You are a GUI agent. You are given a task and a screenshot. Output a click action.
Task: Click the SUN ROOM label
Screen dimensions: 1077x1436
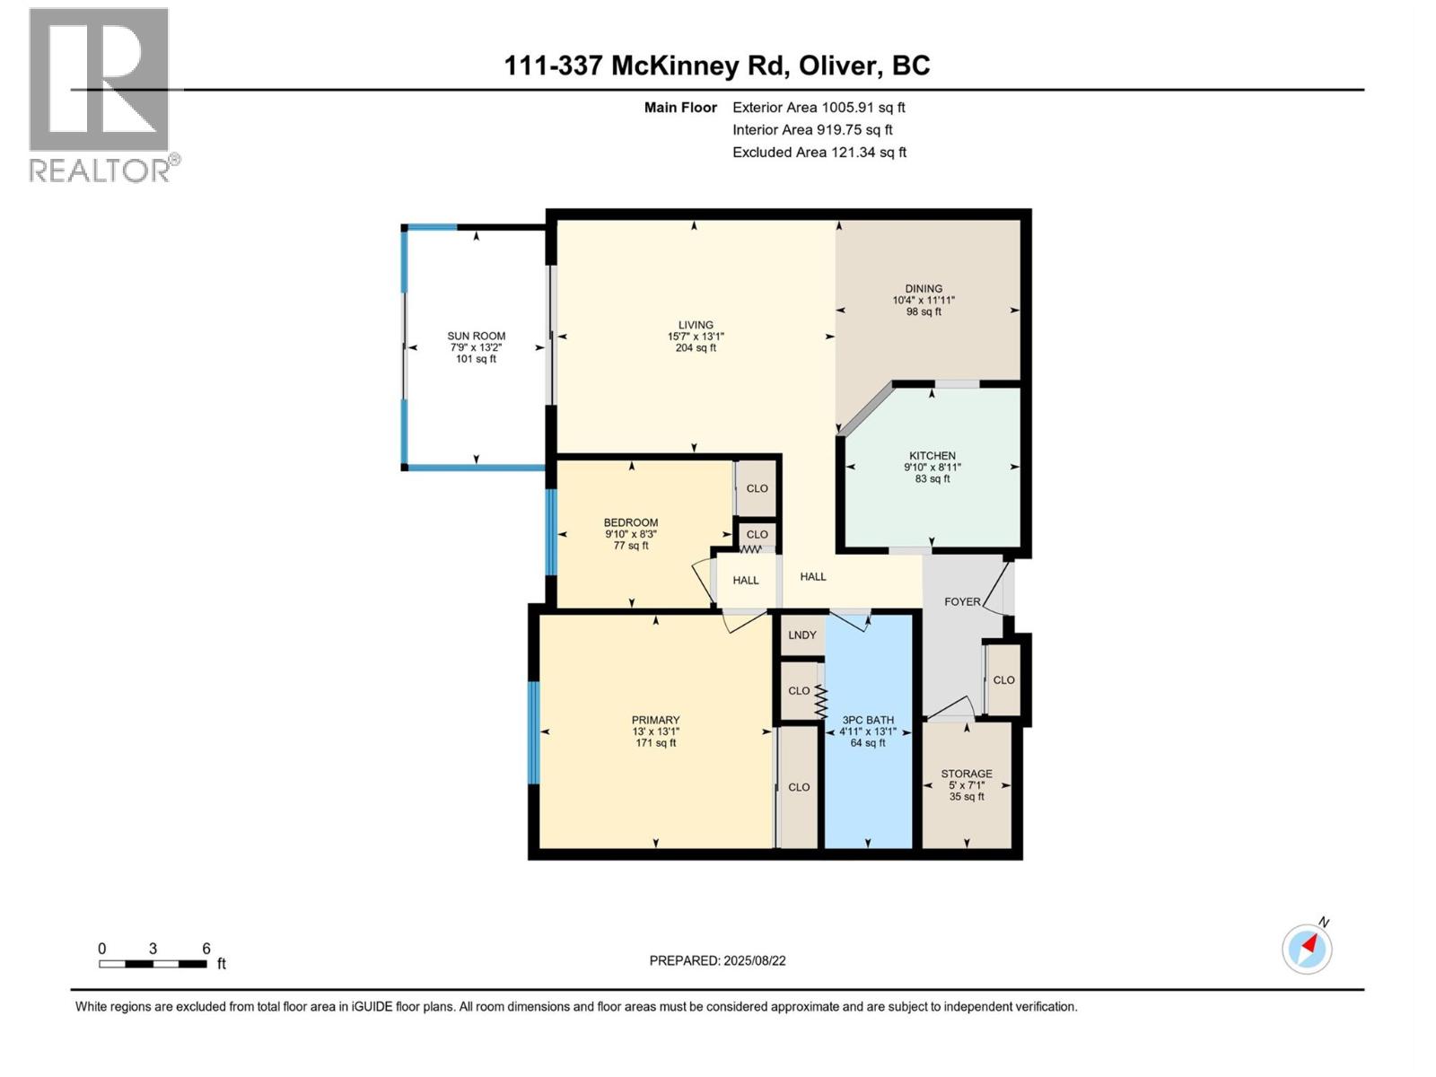(477, 337)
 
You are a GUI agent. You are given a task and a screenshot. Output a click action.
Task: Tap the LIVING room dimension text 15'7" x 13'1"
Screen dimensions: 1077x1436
(696, 337)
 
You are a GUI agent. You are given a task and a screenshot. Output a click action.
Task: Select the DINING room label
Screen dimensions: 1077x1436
(924, 289)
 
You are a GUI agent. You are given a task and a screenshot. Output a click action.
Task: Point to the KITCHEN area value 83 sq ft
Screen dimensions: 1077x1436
(933, 478)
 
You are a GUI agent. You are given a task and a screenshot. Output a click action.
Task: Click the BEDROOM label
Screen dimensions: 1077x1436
(631, 522)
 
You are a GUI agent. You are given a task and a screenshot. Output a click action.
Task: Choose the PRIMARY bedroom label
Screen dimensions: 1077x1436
(655, 720)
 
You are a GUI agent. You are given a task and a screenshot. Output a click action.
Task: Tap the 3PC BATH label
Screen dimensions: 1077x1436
(868, 720)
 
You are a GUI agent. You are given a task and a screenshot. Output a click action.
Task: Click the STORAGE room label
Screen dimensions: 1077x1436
(967, 774)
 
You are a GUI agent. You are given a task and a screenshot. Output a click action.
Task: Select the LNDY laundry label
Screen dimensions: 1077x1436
(802, 635)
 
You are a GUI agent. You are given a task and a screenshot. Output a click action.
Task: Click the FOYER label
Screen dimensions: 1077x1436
(962, 601)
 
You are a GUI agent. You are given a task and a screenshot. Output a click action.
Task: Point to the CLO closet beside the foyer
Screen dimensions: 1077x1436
(1003, 680)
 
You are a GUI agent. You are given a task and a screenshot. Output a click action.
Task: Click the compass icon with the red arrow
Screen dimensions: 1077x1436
(1308, 949)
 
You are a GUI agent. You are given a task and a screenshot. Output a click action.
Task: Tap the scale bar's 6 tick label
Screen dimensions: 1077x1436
(206, 949)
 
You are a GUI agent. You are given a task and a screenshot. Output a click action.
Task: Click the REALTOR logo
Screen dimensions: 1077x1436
(101, 94)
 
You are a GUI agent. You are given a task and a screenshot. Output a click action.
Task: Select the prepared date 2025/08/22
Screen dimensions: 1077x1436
(754, 960)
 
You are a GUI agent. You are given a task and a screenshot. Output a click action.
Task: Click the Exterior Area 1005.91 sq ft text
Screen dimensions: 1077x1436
(819, 108)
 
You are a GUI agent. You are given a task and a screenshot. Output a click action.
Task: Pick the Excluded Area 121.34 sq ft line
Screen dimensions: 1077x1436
(819, 153)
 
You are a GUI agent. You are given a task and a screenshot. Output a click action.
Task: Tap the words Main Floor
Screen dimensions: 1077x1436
(680, 108)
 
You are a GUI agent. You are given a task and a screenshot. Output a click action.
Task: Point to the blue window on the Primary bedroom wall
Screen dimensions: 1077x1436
(534, 732)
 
